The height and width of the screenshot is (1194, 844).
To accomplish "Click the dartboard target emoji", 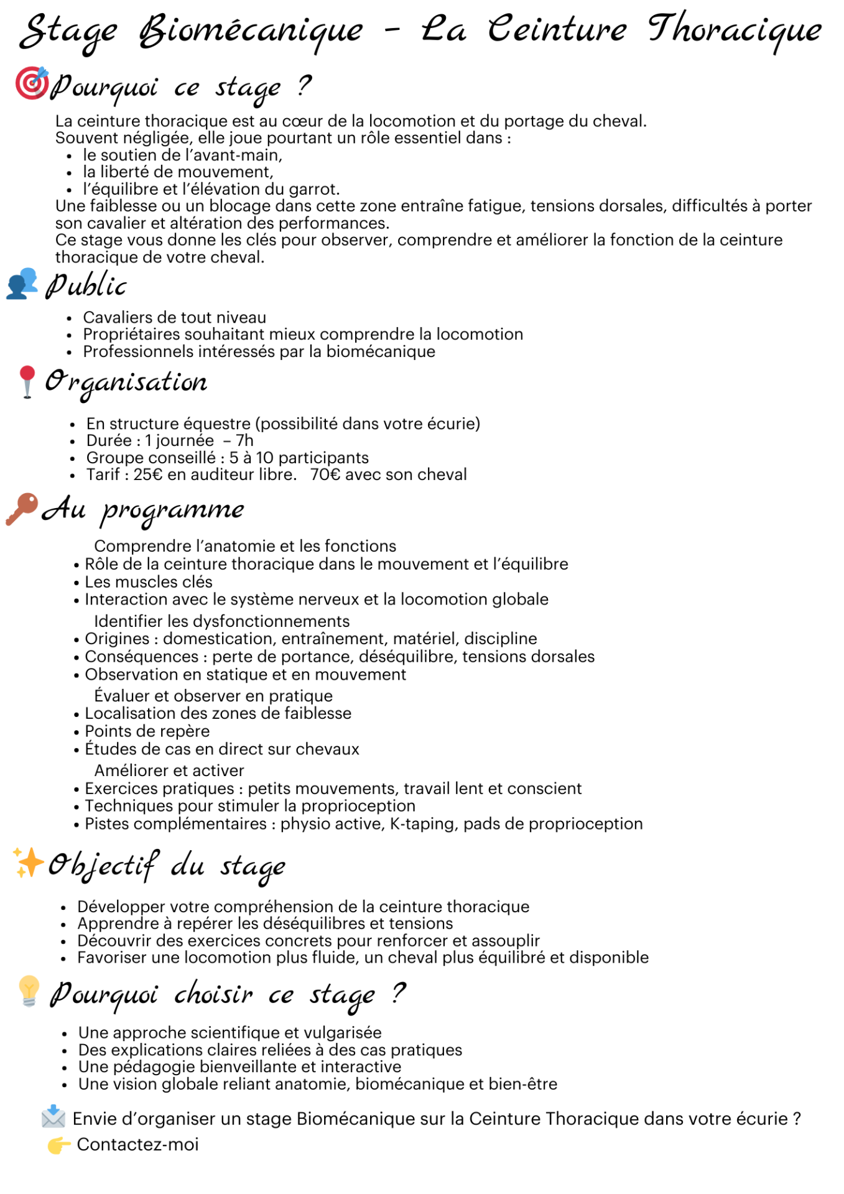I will [x=31, y=83].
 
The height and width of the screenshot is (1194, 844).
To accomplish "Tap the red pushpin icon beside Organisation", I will [x=27, y=381].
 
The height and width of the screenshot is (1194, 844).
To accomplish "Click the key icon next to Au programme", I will [x=22, y=509].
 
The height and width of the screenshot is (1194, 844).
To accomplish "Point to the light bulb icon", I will [x=29, y=990].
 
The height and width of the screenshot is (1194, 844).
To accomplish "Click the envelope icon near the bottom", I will [x=53, y=1117].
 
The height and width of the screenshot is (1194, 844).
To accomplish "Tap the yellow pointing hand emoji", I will [x=58, y=1145].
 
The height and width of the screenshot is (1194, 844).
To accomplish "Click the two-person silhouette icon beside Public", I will [x=22, y=284].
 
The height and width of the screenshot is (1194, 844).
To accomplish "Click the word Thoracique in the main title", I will [x=734, y=30].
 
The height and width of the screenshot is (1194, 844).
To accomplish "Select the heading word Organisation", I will [x=126, y=382].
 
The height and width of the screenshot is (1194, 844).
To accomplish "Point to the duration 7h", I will [x=244, y=440].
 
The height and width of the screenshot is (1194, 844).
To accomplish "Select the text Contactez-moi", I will [x=137, y=1144].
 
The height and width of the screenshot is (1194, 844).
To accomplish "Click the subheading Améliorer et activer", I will [x=169, y=771].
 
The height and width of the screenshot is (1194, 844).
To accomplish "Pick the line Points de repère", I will [x=147, y=731].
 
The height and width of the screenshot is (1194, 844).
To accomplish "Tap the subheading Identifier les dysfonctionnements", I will [x=221, y=621].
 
